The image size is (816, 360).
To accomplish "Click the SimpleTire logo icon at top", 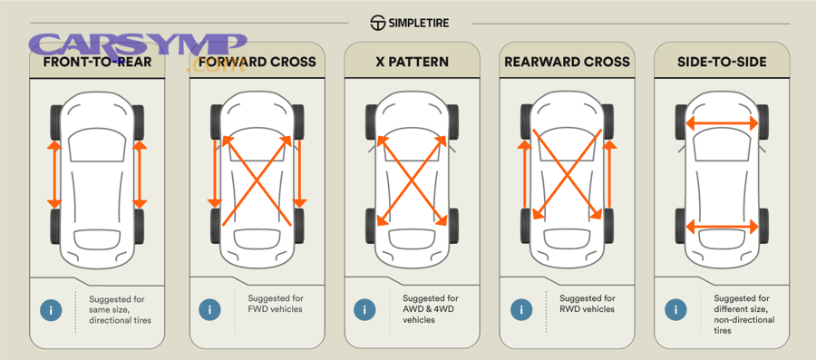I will pyautogui.click(x=378, y=23).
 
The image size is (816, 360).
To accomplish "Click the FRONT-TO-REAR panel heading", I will pyautogui.click(x=97, y=63).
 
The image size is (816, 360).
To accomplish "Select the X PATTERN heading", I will pyautogui.click(x=412, y=63).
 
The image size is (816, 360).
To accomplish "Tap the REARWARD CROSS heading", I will pyautogui.click(x=567, y=63).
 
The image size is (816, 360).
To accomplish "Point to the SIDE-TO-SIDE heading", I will pyautogui.click(x=722, y=63).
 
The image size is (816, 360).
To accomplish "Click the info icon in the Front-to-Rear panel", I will pyautogui.click(x=52, y=309).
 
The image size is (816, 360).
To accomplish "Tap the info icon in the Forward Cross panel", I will pyautogui.click(x=209, y=309).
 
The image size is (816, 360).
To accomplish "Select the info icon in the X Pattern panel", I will pyautogui.click(x=365, y=309).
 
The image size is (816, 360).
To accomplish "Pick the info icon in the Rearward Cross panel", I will pyautogui.click(x=521, y=309).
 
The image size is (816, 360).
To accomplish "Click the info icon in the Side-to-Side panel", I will pyautogui.click(x=676, y=309).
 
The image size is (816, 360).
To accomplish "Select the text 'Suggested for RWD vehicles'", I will pyautogui.click(x=587, y=304).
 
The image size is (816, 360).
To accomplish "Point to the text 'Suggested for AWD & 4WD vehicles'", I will pyautogui.click(x=431, y=309).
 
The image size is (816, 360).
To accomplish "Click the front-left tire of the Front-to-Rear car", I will pyautogui.click(x=56, y=121).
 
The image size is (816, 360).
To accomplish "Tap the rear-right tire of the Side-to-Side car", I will pyautogui.click(x=763, y=225).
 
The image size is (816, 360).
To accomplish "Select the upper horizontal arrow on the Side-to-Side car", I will pyautogui.click(x=722, y=122).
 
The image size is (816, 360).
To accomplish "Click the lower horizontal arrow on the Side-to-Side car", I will pyautogui.click(x=722, y=226).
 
